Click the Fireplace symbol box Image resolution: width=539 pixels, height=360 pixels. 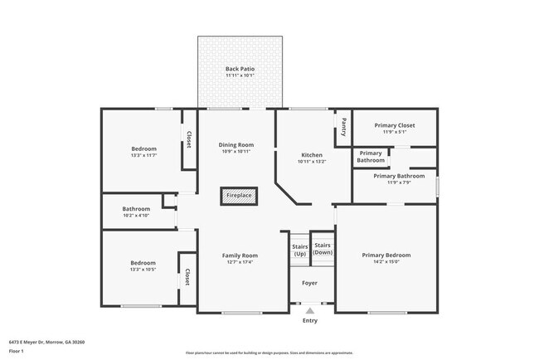[240, 196]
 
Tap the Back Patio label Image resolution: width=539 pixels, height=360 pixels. [240, 69]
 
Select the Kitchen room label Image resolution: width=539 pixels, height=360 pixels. [312, 155]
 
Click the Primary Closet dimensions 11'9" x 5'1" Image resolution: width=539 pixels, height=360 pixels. [394, 132]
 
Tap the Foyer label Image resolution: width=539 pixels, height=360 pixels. [309, 283]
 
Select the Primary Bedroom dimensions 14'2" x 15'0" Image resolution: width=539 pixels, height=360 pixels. [386, 262]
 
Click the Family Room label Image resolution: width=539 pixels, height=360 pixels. [240, 255]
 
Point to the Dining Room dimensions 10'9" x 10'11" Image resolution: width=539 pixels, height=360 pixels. [236, 152]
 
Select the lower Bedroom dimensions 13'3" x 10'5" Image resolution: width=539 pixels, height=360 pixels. [143, 270]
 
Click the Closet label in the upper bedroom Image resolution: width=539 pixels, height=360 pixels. [189, 140]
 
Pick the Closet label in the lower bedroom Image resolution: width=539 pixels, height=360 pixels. [187, 276]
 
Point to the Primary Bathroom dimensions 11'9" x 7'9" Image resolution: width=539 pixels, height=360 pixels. [394, 182]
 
